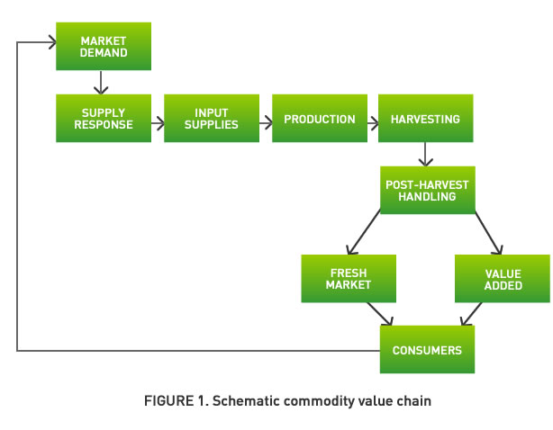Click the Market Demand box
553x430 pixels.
103,46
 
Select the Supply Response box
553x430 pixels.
103,118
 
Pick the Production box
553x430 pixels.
319,118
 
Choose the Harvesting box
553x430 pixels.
426,118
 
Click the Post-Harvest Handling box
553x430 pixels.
426,190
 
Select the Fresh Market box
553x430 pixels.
349,278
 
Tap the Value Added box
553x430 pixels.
502,278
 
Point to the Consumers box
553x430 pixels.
426,348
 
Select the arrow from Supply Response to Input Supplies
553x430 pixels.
157,118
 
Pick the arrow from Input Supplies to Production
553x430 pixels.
265,118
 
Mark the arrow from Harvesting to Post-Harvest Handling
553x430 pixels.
426,154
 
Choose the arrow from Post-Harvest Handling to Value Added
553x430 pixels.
485,233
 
